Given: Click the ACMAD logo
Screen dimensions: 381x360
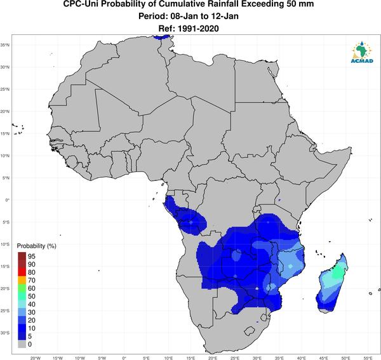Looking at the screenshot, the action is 362,52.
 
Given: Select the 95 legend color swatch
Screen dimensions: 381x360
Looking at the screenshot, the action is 22,256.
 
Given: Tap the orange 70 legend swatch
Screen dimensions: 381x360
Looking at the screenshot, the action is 22,280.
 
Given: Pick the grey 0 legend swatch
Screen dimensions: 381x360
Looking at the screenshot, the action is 22,344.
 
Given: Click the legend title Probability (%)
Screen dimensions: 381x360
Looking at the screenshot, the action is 36,246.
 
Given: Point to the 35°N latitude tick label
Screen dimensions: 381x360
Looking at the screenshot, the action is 5,45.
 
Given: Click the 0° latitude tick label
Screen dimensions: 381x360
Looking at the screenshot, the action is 8,200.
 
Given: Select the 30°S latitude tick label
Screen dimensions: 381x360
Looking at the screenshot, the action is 5,333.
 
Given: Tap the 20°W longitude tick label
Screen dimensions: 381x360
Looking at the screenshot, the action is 36,358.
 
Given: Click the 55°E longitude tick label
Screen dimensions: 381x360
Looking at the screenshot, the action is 368,358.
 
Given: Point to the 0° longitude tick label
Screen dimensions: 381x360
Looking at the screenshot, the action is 124,358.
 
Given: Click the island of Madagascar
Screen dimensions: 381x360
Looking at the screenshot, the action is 332,284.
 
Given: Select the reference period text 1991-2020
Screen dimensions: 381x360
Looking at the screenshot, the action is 198,29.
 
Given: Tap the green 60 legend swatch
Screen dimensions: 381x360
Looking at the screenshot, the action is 22,288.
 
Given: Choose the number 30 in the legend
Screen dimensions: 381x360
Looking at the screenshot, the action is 32,312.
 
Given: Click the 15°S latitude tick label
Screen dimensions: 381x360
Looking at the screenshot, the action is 5,266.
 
